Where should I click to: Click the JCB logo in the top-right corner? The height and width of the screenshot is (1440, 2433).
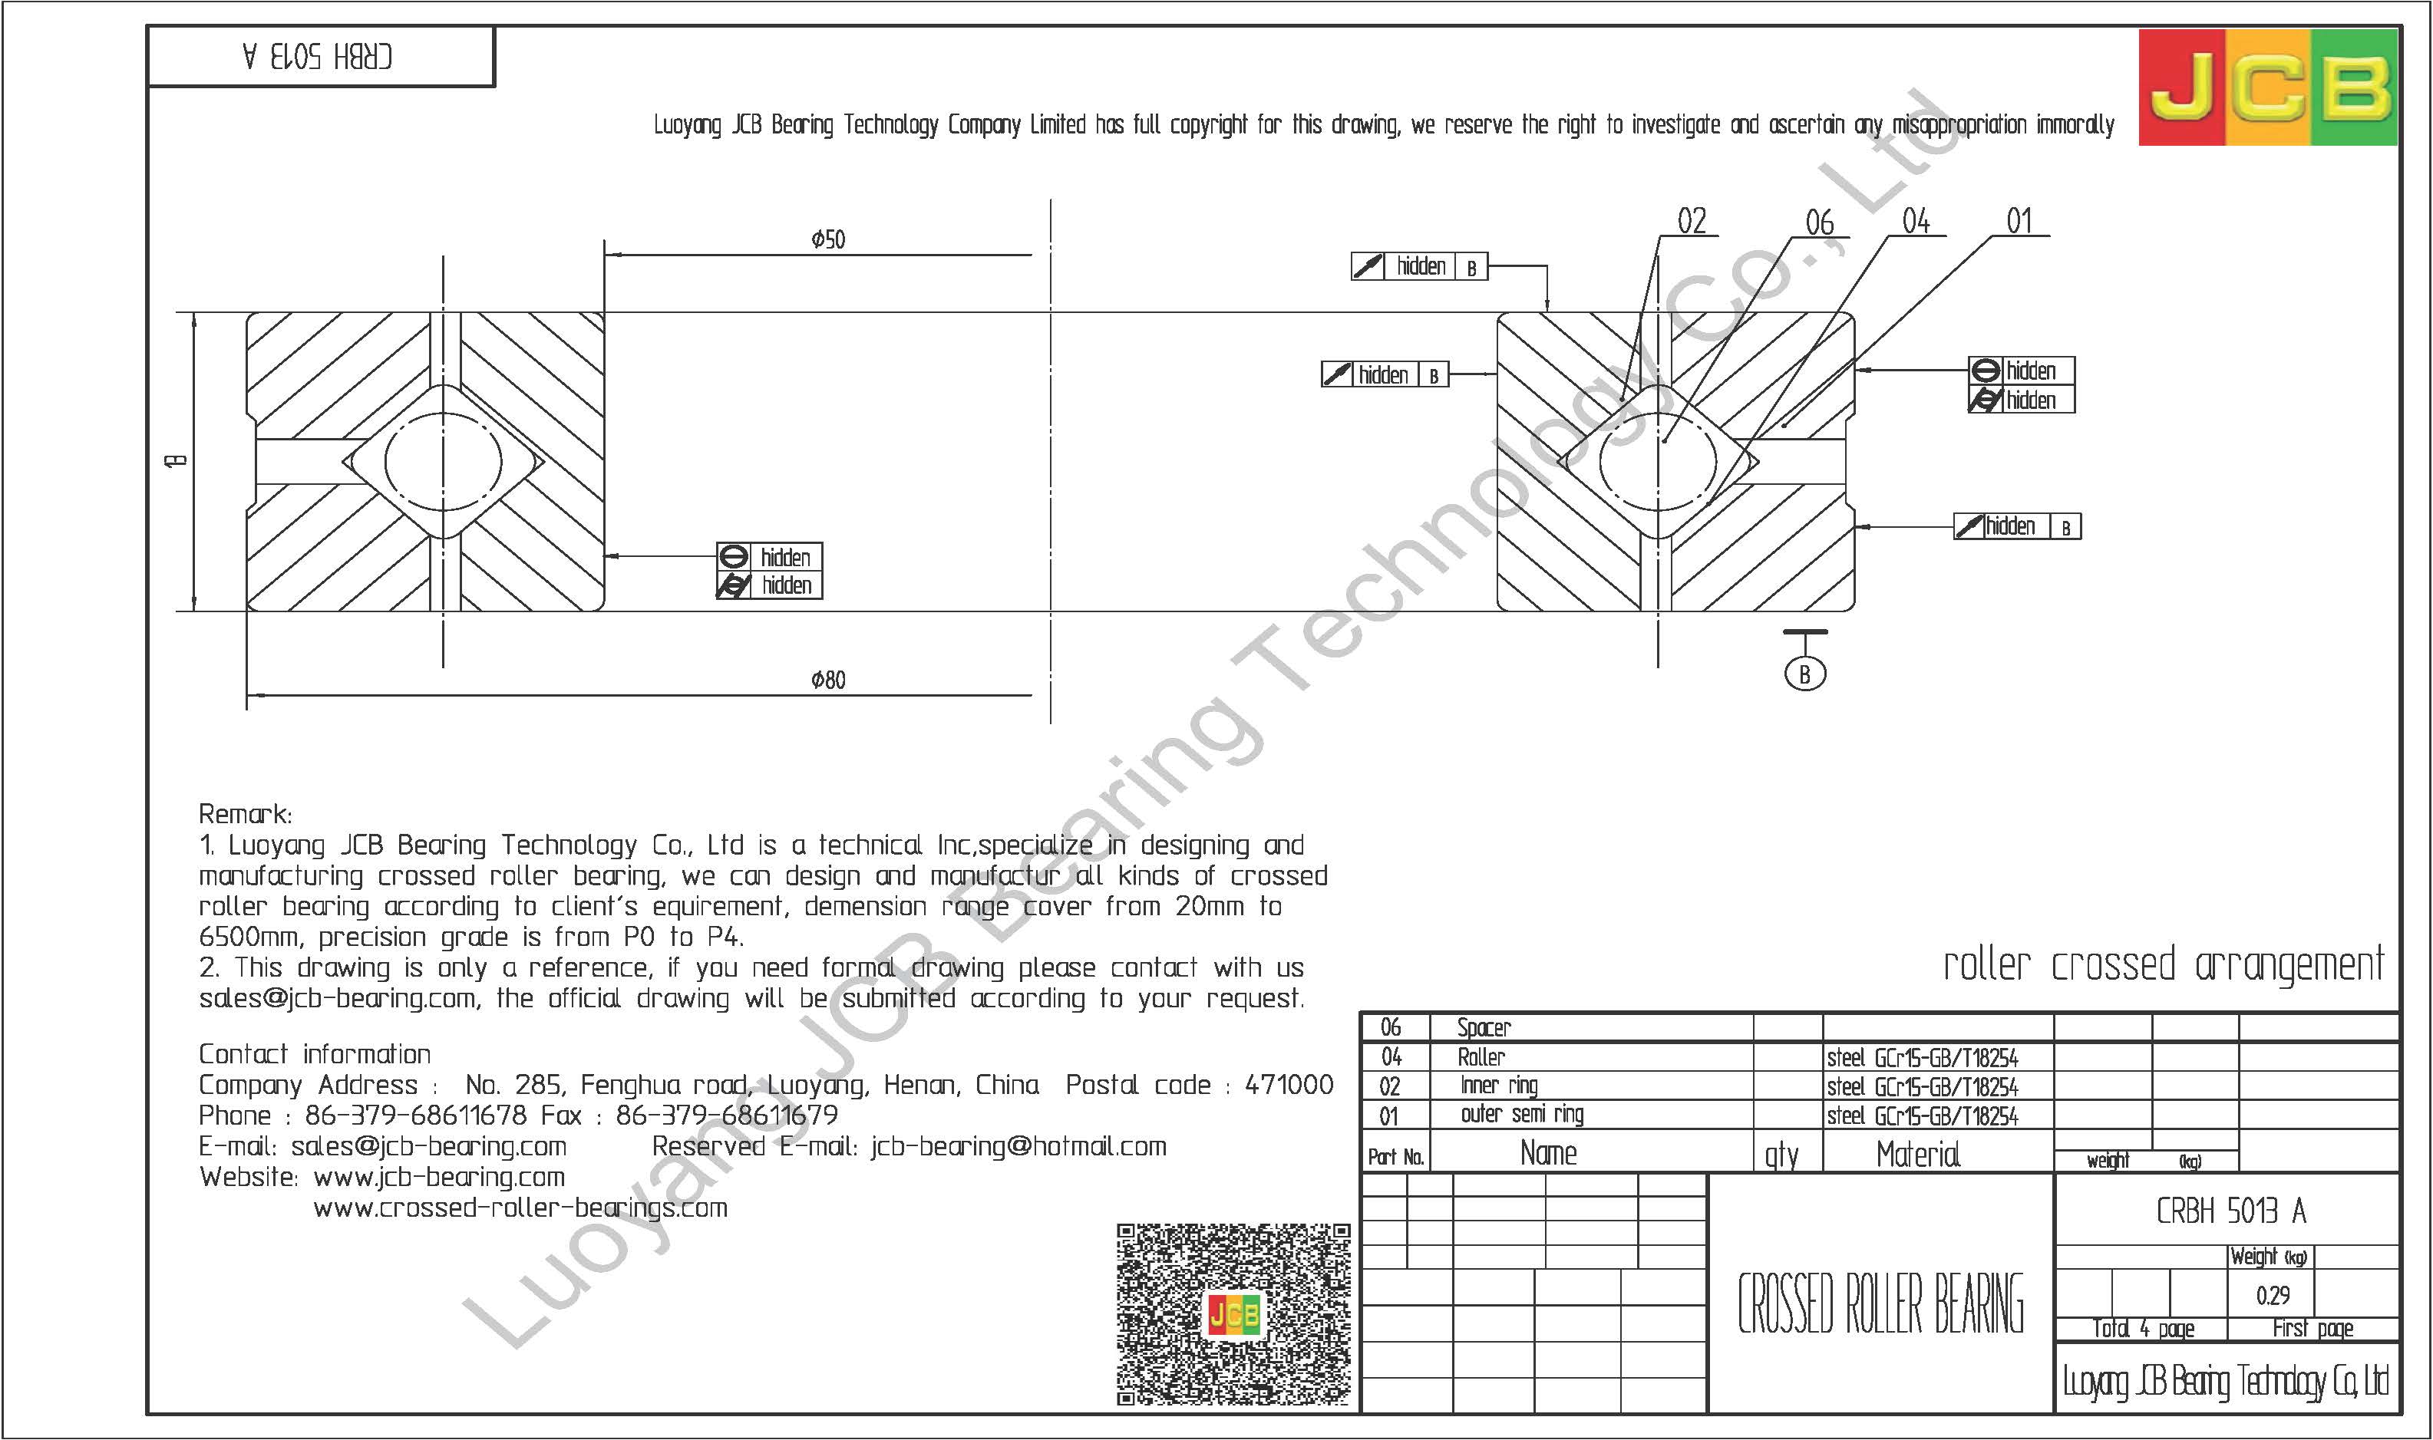click(x=2268, y=87)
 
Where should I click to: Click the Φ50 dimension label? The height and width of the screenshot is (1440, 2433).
click(x=828, y=239)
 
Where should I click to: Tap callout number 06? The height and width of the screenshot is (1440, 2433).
click(x=1820, y=223)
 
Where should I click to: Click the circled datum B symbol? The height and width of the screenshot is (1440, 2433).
click(x=1804, y=674)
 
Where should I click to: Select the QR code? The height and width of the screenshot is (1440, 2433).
click(x=1233, y=1315)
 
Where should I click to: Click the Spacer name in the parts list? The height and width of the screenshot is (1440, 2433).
click(x=1484, y=1027)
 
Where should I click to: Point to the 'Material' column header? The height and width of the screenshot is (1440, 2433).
click(x=1918, y=1154)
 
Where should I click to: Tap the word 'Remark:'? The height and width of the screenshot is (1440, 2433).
click(x=245, y=814)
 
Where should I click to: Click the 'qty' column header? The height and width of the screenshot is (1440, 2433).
click(x=1781, y=1155)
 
